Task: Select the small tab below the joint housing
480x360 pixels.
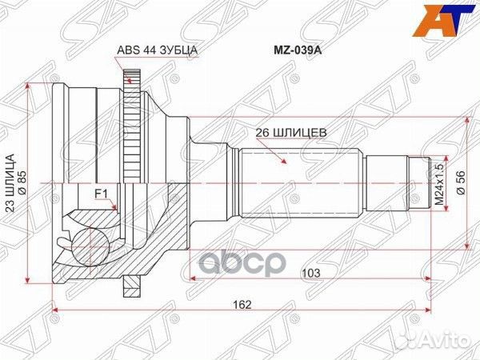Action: pos(131,284)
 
